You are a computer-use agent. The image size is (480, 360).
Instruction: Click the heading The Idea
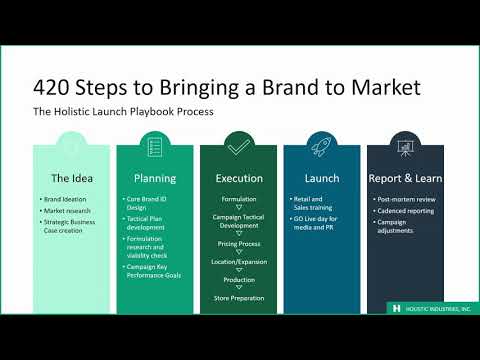[x=72, y=179]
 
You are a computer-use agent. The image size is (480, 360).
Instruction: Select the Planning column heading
[x=155, y=179]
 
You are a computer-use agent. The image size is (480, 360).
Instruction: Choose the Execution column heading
[x=239, y=179]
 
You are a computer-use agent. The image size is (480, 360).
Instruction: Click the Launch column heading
[x=322, y=179]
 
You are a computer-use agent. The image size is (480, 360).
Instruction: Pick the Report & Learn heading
[x=405, y=179]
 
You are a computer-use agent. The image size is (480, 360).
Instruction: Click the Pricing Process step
[x=239, y=243]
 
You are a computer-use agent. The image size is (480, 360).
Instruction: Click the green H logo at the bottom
[x=397, y=309]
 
